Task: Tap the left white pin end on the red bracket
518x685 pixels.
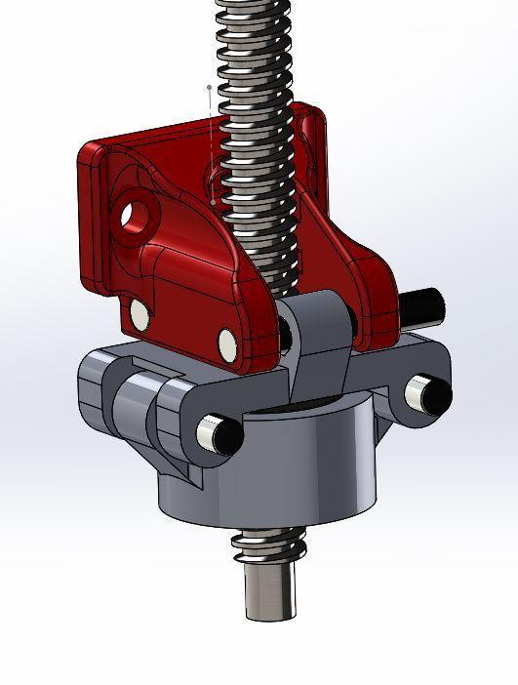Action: (x=139, y=313)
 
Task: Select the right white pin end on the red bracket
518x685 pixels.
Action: (x=228, y=342)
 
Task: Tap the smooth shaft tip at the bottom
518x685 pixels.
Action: (x=269, y=590)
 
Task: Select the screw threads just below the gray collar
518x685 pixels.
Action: (x=268, y=546)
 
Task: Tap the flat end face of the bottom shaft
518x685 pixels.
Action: (x=269, y=614)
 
